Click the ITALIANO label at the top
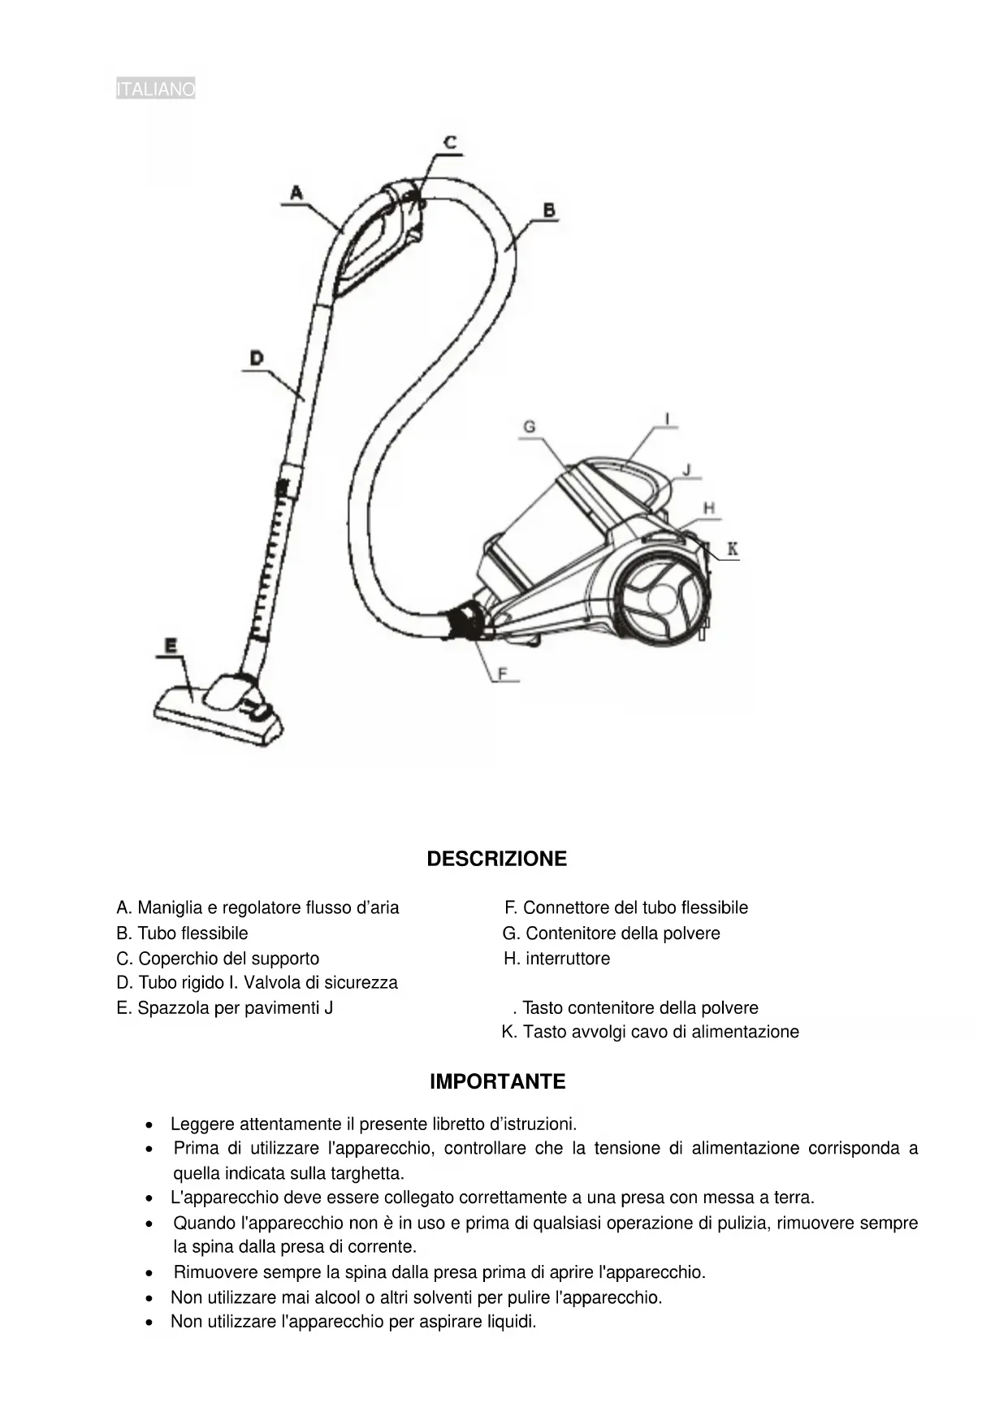[x=155, y=89]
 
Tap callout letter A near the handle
[x=296, y=193]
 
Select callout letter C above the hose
[x=449, y=142]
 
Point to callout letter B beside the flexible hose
[x=549, y=210]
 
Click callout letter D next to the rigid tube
[x=256, y=357]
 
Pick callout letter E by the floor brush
[x=171, y=646]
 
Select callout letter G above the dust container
[x=530, y=427]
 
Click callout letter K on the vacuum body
[x=732, y=549]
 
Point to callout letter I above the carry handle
[x=668, y=419]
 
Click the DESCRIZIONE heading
[x=496, y=859]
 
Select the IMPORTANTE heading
[x=497, y=1081]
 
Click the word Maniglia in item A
[x=167, y=907]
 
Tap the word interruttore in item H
[x=568, y=959]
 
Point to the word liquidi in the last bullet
[x=511, y=1322]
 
